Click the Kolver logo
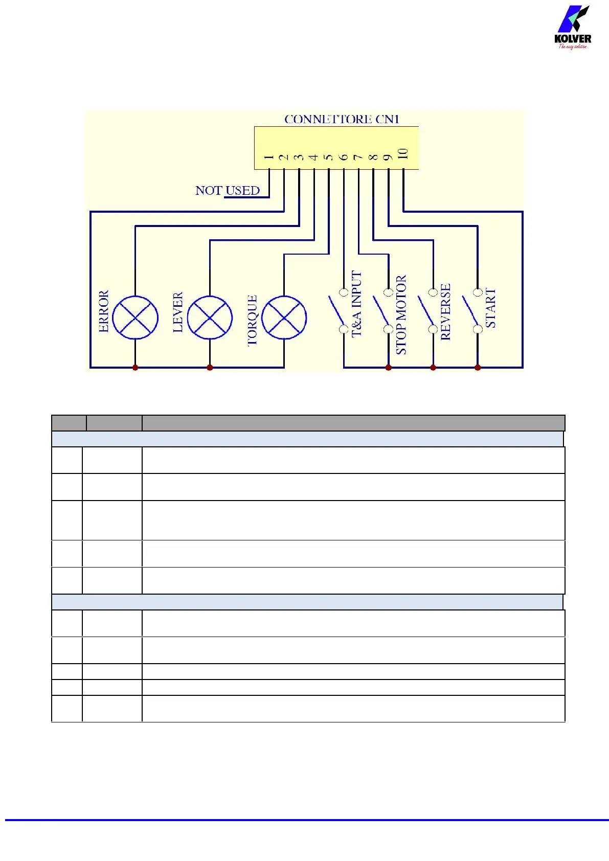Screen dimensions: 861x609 [573, 28]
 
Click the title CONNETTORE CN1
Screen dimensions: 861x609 [342, 119]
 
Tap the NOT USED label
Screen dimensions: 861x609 [228, 191]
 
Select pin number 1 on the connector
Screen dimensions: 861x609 [269, 157]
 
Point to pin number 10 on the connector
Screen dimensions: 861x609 [403, 154]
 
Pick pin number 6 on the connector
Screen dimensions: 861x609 [344, 157]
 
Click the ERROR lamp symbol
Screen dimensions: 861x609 [135, 318]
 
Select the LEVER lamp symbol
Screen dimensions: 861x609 [210, 318]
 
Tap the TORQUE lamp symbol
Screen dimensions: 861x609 [284, 318]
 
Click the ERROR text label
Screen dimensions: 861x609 [104, 311]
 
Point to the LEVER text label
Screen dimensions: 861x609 [178, 312]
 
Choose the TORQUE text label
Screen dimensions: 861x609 [252, 321]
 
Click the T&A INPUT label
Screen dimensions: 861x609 [356, 304]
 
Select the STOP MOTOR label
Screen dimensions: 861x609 [401, 315]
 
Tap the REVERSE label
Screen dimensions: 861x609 [445, 312]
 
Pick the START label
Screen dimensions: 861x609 [490, 308]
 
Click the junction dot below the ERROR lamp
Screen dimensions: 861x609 [135, 367]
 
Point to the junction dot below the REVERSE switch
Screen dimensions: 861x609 [433, 367]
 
